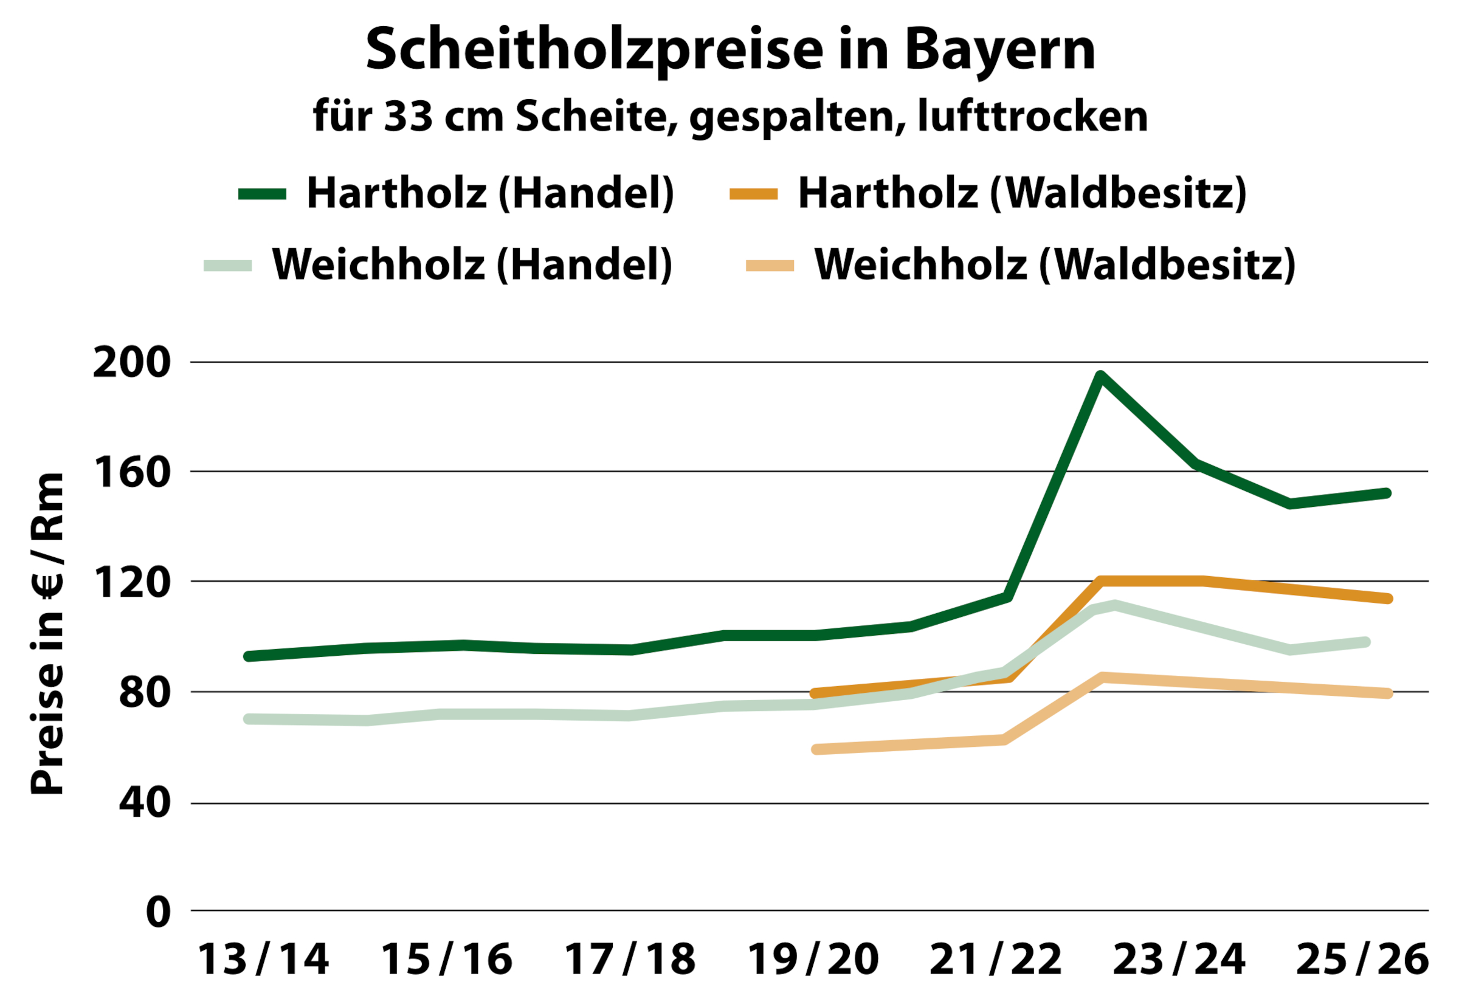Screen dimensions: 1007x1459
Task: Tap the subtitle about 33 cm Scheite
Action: point(729,117)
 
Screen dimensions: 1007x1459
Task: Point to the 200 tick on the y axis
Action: point(131,363)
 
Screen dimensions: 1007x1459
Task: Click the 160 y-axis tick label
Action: point(131,473)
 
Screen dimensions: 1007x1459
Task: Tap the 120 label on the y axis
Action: point(131,582)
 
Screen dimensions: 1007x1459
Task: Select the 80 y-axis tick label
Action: point(144,693)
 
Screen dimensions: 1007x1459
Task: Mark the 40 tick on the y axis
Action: point(144,803)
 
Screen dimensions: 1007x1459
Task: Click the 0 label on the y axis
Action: point(158,912)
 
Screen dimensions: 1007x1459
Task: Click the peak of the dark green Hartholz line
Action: point(1100,377)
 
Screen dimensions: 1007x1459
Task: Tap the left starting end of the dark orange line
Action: point(815,694)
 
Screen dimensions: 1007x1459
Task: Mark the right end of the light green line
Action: point(1365,642)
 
